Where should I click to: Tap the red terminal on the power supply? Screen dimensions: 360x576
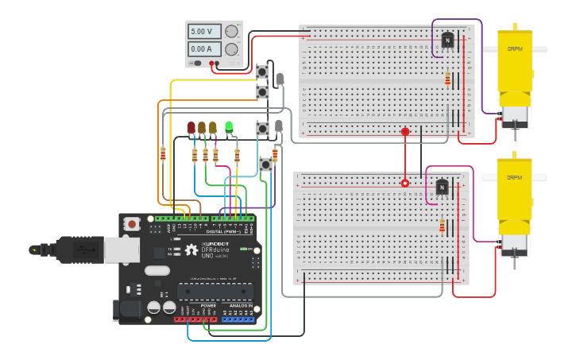coord(212,62)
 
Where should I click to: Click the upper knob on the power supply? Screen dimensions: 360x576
coord(231,32)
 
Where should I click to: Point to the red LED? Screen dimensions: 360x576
coord(191,127)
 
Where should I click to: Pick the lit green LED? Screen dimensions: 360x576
coord(229,126)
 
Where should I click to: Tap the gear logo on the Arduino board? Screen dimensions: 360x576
coord(191,250)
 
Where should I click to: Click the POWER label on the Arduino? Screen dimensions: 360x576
coord(208,305)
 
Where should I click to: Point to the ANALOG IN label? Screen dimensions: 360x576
coord(241,305)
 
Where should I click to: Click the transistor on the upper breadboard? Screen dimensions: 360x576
coord(446,41)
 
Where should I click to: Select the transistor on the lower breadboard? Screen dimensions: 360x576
coord(442,188)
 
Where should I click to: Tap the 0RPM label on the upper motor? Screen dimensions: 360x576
coord(515,48)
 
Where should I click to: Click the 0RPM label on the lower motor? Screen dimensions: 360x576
coord(515,176)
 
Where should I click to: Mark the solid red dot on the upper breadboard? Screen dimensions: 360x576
coord(405,132)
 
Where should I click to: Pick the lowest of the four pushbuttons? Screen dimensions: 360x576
coord(266,165)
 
